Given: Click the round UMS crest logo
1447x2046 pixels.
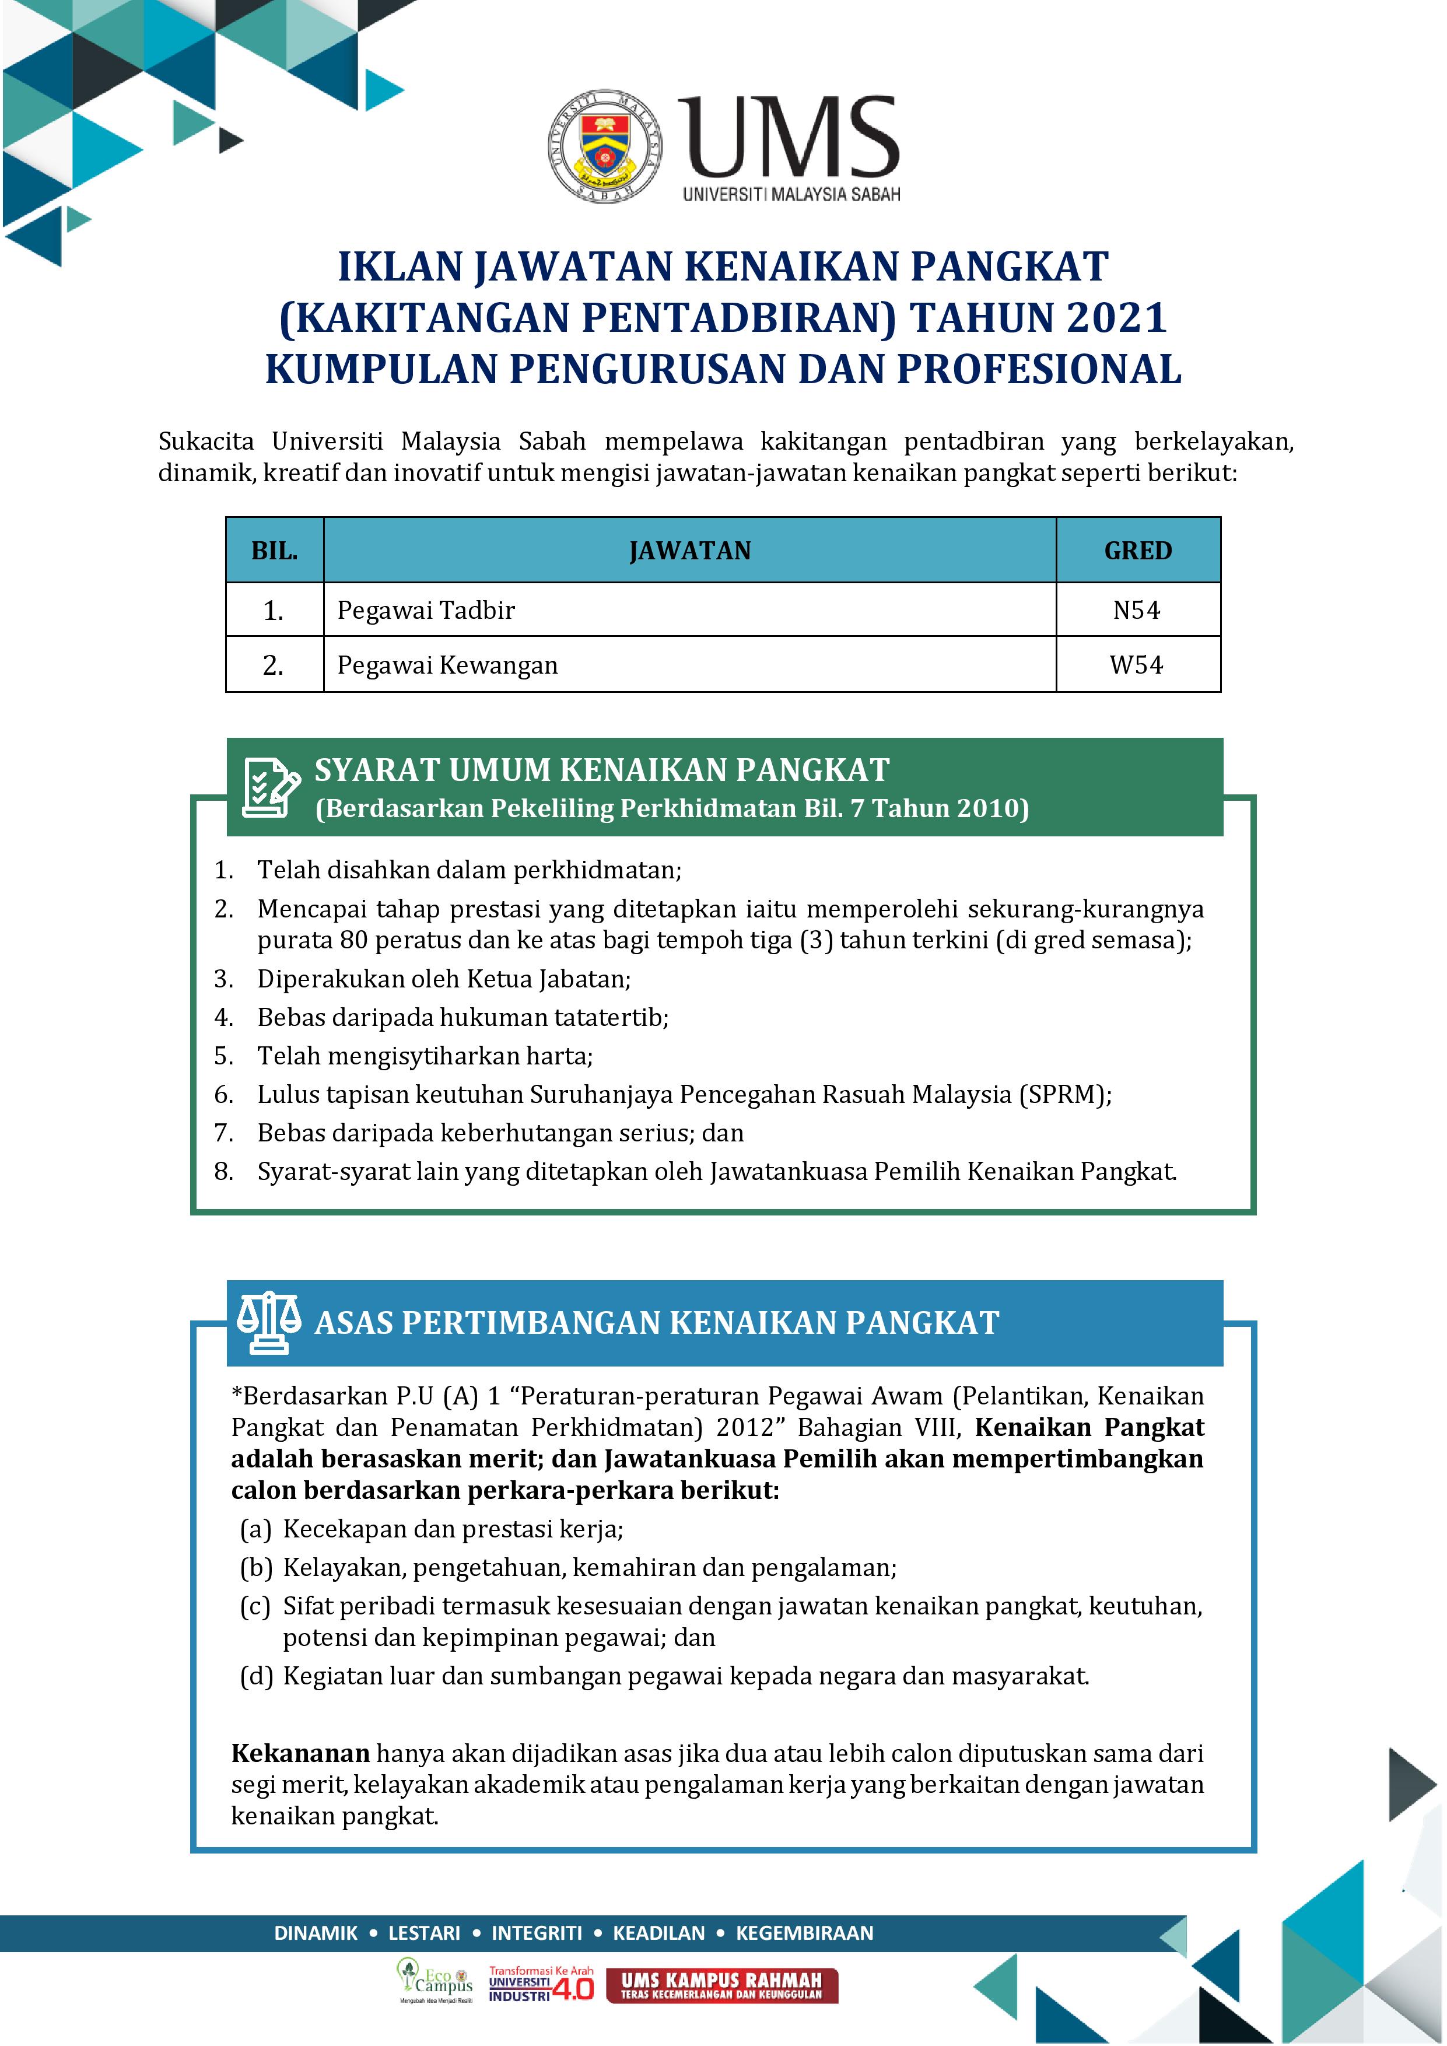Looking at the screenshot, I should tap(605, 145).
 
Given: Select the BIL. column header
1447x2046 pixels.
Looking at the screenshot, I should tap(275, 551).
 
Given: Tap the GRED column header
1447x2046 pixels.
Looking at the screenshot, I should tap(1138, 551).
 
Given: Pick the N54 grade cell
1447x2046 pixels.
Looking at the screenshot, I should tap(1137, 611).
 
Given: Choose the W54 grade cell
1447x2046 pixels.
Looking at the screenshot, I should tap(1137, 665).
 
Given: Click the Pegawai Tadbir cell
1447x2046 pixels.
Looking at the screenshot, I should tap(426, 611).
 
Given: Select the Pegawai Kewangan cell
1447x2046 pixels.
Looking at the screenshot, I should tap(447, 665).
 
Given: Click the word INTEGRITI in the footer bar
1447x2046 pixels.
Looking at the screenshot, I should tap(537, 1933).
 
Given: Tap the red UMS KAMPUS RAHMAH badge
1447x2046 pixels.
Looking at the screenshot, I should tap(721, 1985).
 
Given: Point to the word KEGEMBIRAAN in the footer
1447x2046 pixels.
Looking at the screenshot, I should tap(805, 1933).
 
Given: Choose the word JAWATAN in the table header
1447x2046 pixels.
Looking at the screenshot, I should tap(689, 551).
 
